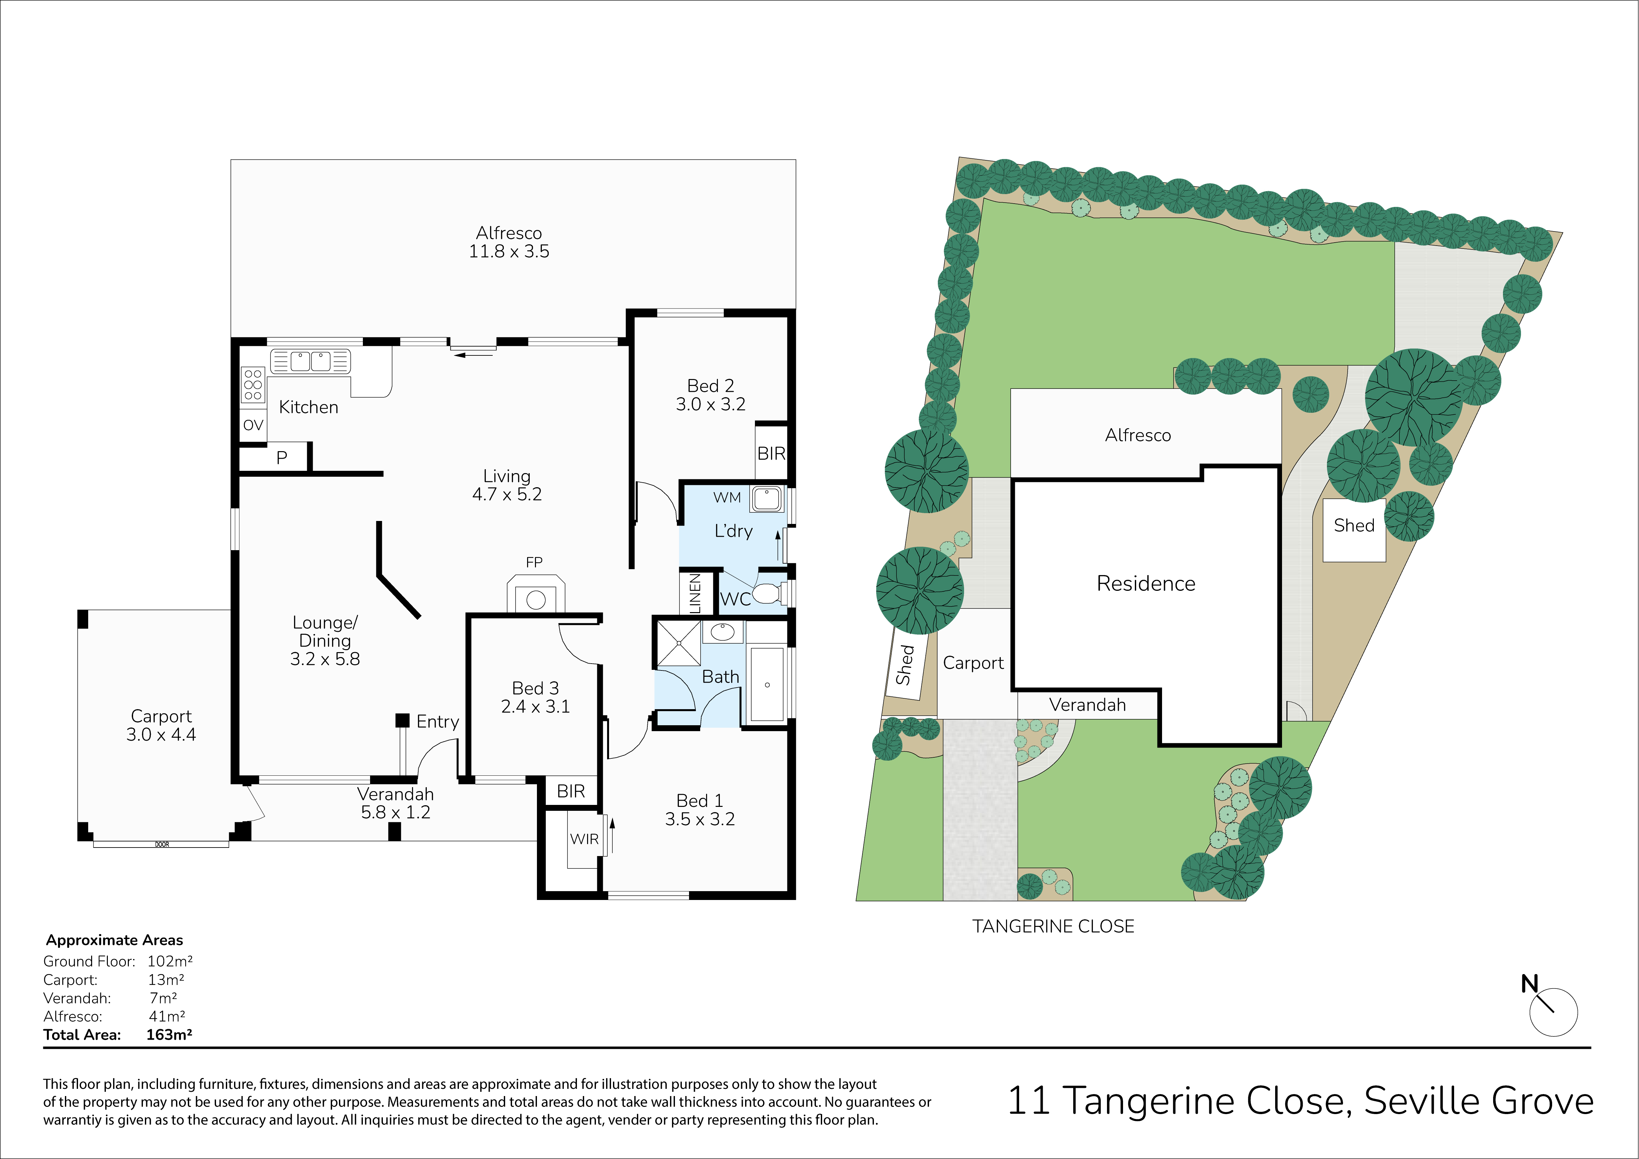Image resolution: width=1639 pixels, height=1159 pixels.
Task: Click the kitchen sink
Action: [x=310, y=361]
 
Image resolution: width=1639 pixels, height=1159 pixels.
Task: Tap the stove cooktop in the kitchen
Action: [x=253, y=385]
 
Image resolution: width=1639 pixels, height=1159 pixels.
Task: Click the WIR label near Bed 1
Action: [x=584, y=839]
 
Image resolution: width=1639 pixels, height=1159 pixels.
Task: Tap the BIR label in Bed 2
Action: [x=771, y=453]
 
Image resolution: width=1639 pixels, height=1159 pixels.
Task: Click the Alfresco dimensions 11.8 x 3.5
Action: [x=509, y=251]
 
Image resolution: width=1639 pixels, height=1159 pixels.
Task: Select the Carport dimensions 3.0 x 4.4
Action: [x=161, y=735]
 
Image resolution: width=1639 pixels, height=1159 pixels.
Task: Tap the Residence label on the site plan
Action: [x=1146, y=583]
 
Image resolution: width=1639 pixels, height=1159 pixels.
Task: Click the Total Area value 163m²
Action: [x=169, y=1035]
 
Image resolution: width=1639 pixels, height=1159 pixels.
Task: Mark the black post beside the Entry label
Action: [x=403, y=721]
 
